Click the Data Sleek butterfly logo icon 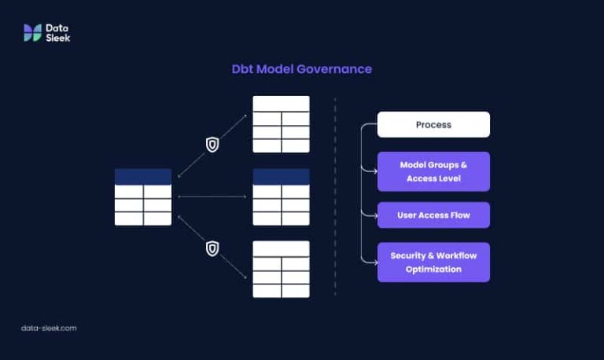click(x=32, y=32)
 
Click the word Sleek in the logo click(x=57, y=37)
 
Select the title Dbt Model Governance click(x=301, y=69)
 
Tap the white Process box click(x=433, y=125)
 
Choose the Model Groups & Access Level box click(x=433, y=171)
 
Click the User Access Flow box click(x=433, y=215)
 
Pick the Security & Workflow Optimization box click(x=433, y=262)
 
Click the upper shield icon click(x=212, y=145)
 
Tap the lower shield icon click(x=212, y=248)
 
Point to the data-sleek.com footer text click(x=49, y=328)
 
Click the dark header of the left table click(x=142, y=177)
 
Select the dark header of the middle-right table click(x=281, y=177)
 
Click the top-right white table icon click(x=281, y=124)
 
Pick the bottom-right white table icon click(x=281, y=269)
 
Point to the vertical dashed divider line click(x=335, y=197)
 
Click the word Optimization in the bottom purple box click(x=433, y=269)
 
